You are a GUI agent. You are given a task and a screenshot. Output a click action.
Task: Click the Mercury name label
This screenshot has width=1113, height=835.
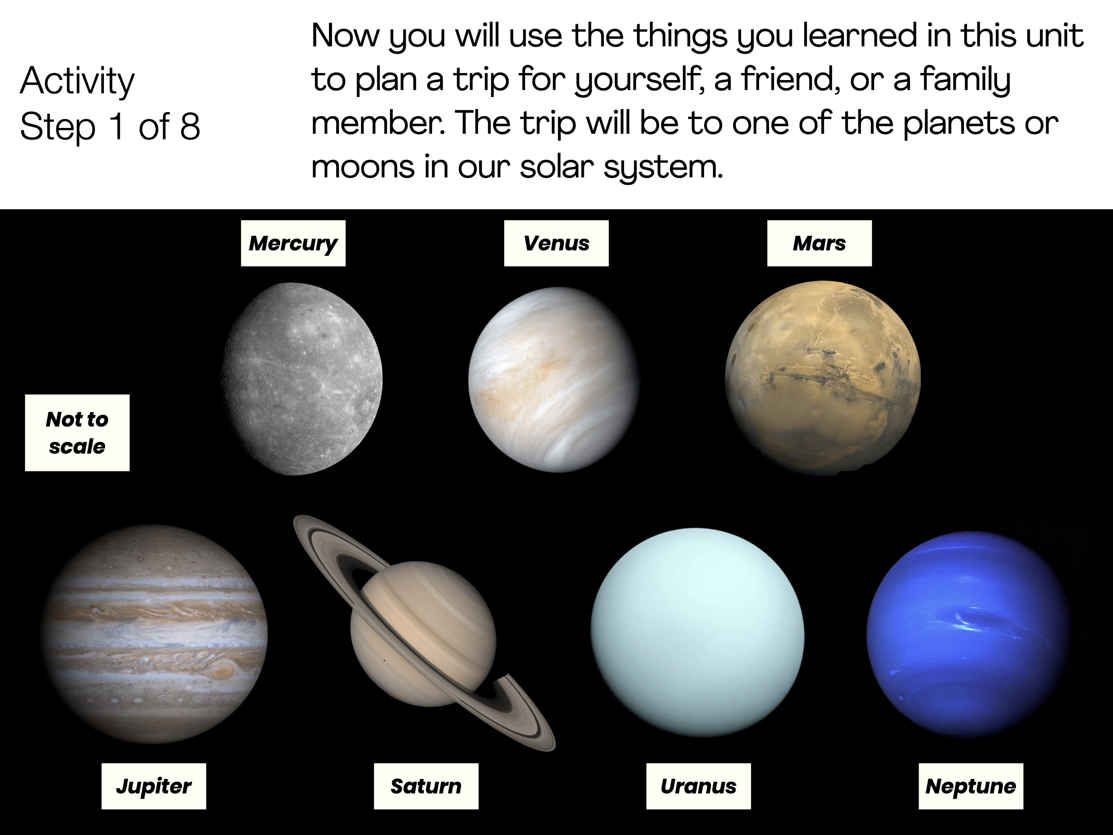coord(293,243)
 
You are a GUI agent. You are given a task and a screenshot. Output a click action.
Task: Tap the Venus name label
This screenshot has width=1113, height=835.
coord(556,243)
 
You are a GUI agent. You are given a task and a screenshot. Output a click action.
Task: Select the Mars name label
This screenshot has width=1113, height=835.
coord(819,243)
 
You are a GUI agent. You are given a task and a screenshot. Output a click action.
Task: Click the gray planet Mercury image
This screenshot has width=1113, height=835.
coord(301,379)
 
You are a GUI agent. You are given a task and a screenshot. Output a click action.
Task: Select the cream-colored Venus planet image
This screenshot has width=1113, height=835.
coord(553,380)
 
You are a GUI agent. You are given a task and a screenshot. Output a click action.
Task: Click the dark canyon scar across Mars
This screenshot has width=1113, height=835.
coord(825,381)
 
